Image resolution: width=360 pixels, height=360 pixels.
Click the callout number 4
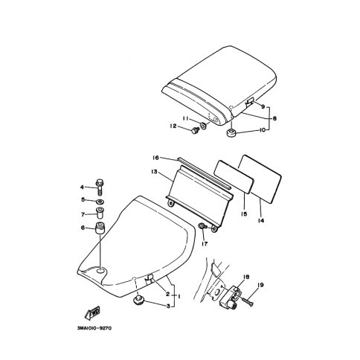pyautogui.click(x=82, y=187)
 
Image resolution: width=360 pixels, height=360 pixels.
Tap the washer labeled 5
pyautogui.click(x=100, y=201)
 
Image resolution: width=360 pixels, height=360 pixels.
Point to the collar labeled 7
pyautogui.click(x=100, y=213)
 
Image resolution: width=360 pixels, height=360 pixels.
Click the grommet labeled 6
pyautogui.click(x=100, y=228)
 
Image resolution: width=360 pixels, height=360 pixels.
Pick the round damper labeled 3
pyautogui.click(x=138, y=300)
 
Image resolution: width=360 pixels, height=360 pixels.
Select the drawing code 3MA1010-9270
pyautogui.click(x=94, y=329)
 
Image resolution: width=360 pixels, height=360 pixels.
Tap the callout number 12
pyautogui.click(x=173, y=126)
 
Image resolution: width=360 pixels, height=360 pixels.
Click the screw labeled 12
pyautogui.click(x=195, y=130)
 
